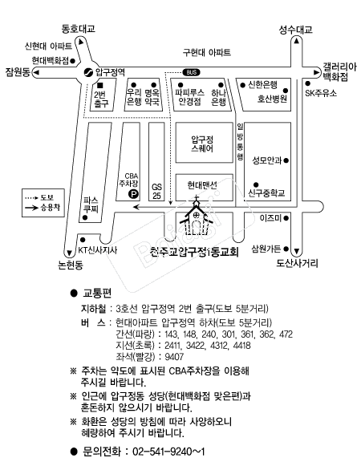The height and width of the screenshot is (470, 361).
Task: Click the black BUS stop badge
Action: coord(191,72)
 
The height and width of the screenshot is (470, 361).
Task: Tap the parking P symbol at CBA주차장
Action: coord(133,195)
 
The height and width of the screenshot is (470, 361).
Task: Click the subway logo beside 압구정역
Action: coord(88,72)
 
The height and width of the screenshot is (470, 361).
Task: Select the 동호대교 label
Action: coord(79,29)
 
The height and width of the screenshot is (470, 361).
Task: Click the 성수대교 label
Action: coord(296,30)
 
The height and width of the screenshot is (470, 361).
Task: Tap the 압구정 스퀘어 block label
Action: coord(202,144)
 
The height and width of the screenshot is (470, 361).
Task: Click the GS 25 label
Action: coord(156,191)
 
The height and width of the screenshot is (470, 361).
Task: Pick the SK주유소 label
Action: coord(321,93)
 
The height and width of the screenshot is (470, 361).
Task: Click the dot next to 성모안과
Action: coord(286,160)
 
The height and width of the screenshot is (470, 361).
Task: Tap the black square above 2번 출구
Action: coord(100,86)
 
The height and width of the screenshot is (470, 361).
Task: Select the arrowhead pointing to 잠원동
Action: coord(36,72)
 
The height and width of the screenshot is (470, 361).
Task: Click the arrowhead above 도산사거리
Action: coord(297,251)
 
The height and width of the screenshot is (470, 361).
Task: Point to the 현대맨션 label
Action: coord(202,185)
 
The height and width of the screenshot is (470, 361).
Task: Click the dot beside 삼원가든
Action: coord(286,249)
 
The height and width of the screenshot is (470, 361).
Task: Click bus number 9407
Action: coord(174,357)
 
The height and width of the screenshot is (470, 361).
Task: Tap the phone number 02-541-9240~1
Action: coord(168,452)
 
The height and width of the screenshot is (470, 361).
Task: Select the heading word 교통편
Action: coord(97,294)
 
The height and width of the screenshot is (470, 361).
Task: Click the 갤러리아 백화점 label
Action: coord(339,71)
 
